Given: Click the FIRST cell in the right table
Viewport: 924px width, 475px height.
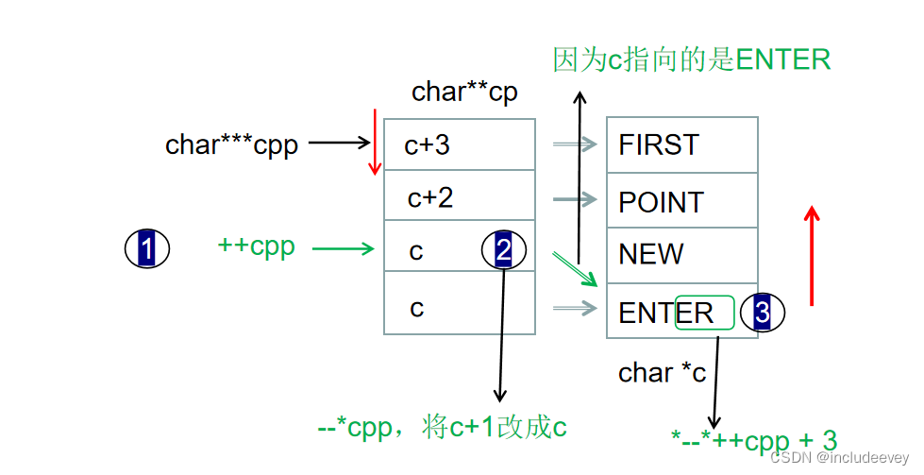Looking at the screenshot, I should point(681,145).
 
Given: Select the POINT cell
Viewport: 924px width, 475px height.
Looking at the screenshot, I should point(681,201).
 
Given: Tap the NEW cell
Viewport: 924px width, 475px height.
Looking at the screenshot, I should point(681,255).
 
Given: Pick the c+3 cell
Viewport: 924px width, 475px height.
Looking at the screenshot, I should point(459,145).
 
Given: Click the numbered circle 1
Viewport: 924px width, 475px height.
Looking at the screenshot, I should point(146,249).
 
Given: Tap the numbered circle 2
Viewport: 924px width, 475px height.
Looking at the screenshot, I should point(503,250).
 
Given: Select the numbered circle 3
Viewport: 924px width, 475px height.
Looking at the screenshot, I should point(762,313).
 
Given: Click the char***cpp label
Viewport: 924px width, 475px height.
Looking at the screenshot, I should point(231,144).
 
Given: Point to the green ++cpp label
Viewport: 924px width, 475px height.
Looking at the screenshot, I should point(256,246).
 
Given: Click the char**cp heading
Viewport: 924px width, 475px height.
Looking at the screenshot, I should point(464,92).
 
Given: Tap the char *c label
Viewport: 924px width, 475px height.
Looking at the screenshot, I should point(662,373).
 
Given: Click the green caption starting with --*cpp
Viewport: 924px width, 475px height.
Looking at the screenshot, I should point(442,427).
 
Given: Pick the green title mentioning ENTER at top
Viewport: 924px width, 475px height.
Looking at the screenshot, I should point(691,60).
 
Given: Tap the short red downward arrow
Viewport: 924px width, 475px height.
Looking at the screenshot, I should point(375,142).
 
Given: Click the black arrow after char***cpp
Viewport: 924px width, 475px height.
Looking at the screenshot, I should point(340,143).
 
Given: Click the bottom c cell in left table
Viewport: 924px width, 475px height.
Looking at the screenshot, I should point(459,308).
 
